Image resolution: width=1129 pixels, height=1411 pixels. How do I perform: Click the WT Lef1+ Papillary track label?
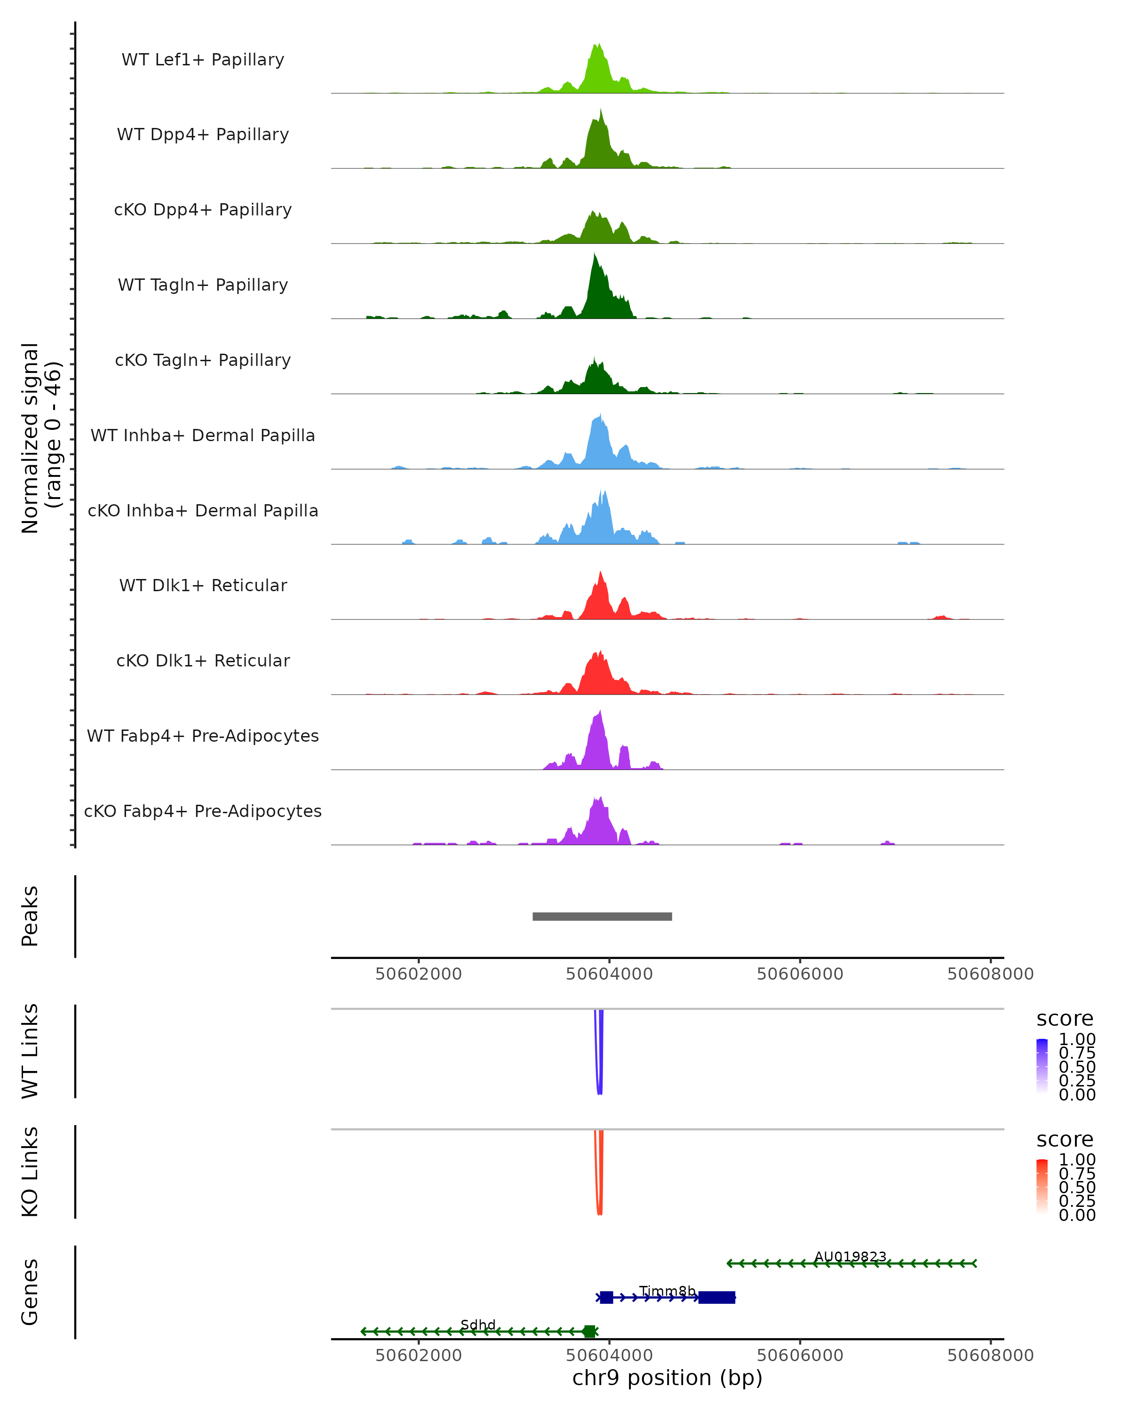pos(203,60)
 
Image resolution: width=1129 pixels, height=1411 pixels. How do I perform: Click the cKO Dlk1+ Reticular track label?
pos(203,660)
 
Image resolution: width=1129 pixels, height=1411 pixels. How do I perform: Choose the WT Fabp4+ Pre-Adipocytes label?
pos(203,736)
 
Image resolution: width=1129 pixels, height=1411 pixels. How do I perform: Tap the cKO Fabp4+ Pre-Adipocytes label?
pos(203,811)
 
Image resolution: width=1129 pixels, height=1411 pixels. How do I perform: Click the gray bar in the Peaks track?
pos(602,916)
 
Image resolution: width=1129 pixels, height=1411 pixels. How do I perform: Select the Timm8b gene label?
pos(667,1291)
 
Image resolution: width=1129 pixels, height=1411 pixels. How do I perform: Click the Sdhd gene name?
pos(478,1324)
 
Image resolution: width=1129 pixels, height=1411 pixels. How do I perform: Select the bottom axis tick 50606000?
pos(800,1356)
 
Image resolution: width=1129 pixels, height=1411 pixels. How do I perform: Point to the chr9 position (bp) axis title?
pos(667,1378)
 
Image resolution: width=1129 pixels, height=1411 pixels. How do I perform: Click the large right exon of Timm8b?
pos(716,1297)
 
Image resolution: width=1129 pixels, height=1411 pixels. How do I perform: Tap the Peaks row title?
pos(30,916)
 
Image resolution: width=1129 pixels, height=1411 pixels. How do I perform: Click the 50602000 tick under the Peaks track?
pos(418,974)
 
